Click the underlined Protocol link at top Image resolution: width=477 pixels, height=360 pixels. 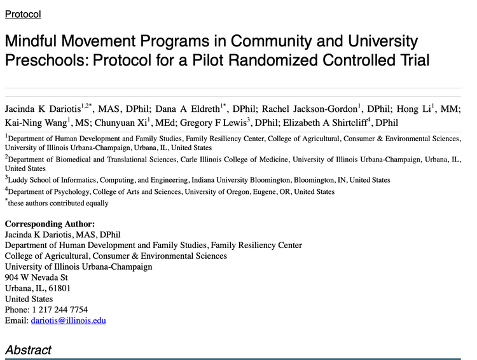pos(23,13)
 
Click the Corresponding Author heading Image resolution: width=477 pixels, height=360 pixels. pos(50,223)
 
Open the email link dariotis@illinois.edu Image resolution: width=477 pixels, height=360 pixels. pos(68,321)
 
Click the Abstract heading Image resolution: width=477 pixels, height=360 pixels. pos(28,349)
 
